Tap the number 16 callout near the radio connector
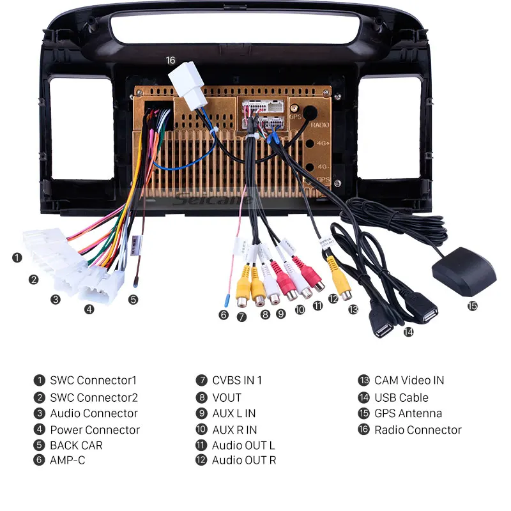(170, 61)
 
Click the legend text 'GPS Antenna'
(408, 413)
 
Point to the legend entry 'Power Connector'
(95, 430)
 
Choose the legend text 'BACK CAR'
(76, 445)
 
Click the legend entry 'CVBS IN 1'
(237, 380)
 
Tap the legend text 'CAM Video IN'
(409, 380)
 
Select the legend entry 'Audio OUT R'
(244, 460)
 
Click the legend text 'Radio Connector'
(418, 430)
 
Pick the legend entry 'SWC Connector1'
(93, 380)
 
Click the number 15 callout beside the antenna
(472, 306)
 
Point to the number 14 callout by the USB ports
(408, 332)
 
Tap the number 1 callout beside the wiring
(17, 258)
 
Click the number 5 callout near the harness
(133, 299)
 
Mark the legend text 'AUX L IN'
(234, 413)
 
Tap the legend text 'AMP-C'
(67, 460)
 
